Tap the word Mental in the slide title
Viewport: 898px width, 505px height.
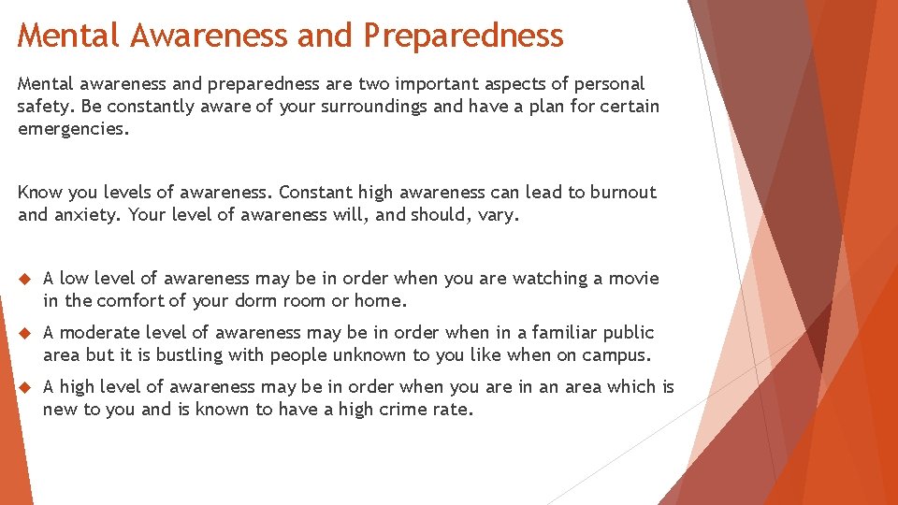69,36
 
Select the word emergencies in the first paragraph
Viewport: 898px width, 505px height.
73,129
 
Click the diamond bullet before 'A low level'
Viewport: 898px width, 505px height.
25,279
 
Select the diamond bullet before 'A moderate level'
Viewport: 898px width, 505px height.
25,333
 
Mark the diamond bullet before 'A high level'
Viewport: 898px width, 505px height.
25,387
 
